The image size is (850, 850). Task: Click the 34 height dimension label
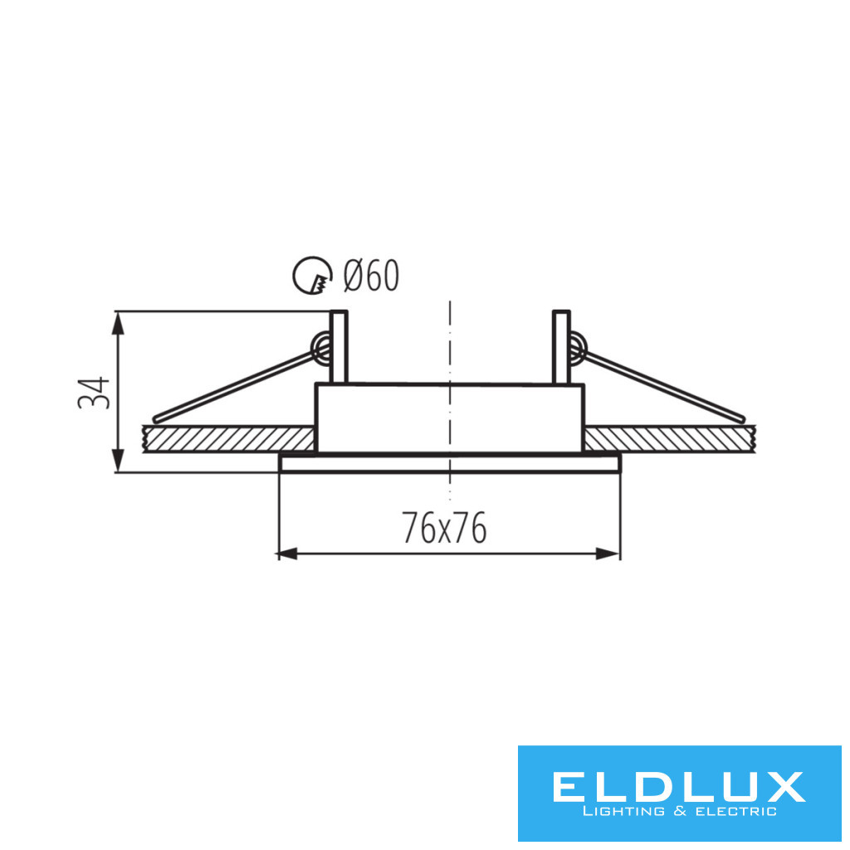94,393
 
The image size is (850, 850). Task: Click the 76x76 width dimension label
444,527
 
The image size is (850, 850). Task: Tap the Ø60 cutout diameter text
371,276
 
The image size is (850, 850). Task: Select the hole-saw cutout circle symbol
312,276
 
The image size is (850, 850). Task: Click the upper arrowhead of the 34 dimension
117,323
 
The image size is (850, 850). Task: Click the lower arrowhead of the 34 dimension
117,461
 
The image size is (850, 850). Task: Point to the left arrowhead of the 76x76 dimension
287,554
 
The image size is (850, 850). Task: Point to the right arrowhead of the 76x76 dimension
608,554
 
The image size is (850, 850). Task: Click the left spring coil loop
321,348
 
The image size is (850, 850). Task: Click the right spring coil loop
577,348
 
